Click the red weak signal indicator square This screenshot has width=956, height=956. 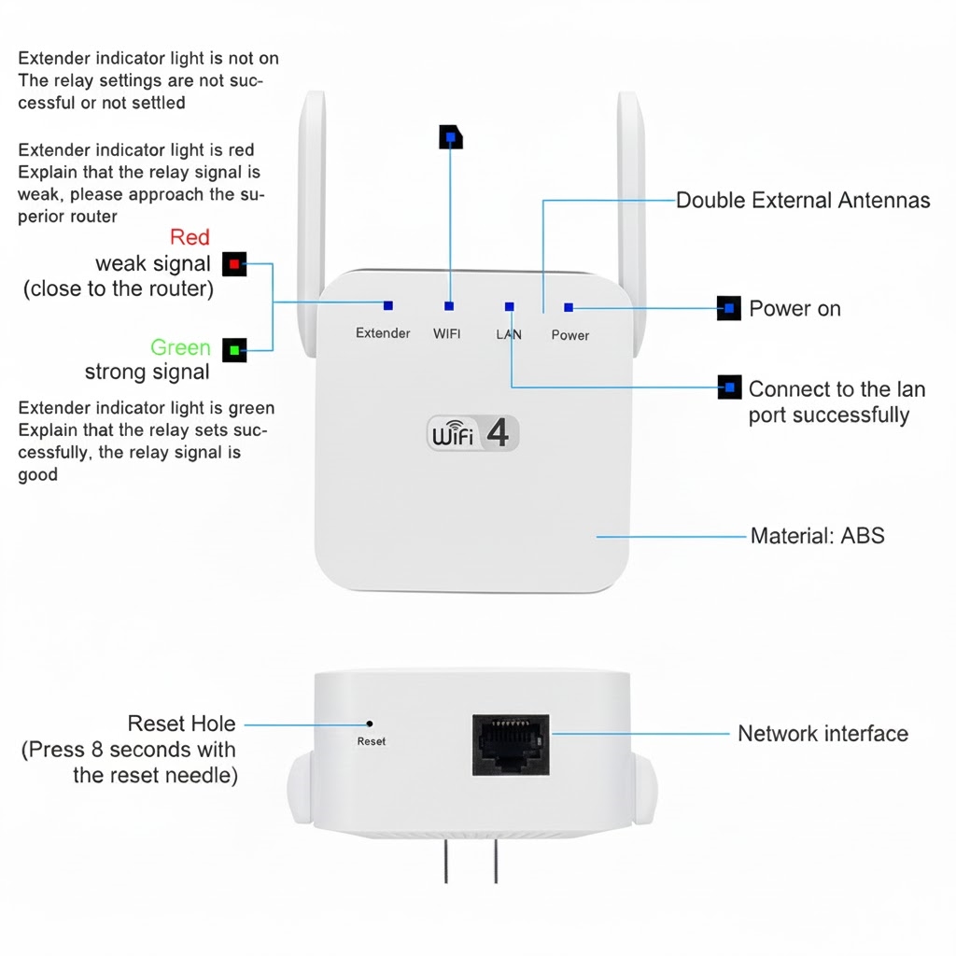[x=234, y=265]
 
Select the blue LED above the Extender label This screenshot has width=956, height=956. [x=387, y=305]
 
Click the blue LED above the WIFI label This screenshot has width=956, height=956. [x=449, y=306]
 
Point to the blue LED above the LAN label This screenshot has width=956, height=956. [x=509, y=306]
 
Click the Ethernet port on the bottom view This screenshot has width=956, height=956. [x=510, y=744]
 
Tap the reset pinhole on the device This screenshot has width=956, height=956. [x=370, y=723]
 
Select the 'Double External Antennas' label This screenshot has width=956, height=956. [x=803, y=200]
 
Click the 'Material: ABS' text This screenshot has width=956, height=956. [x=817, y=536]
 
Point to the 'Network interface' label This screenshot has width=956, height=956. [x=822, y=734]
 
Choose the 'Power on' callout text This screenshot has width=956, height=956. [x=794, y=309]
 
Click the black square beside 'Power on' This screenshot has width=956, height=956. [x=729, y=308]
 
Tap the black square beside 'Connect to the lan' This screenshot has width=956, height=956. [x=729, y=387]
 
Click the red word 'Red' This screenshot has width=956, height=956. [x=190, y=237]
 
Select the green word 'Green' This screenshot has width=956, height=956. [x=180, y=348]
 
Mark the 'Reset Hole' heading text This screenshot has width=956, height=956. [x=181, y=724]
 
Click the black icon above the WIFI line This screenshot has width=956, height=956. [x=451, y=136]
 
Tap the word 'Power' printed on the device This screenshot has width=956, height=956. [x=569, y=335]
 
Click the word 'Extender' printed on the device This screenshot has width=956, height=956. [x=383, y=333]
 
